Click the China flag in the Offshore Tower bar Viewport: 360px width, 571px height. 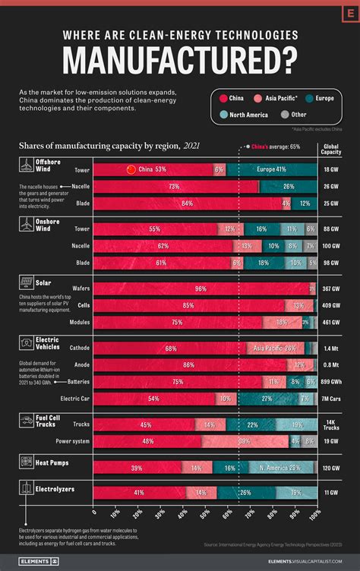point(130,169)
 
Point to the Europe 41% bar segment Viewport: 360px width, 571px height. point(271,169)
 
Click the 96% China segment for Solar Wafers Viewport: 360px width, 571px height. point(201,289)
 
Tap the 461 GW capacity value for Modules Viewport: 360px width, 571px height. point(331,322)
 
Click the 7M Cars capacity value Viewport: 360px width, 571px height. point(331,398)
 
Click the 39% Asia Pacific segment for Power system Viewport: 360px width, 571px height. point(245,440)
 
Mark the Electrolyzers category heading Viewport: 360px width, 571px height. point(56,490)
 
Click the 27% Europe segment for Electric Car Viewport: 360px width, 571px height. point(267,398)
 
